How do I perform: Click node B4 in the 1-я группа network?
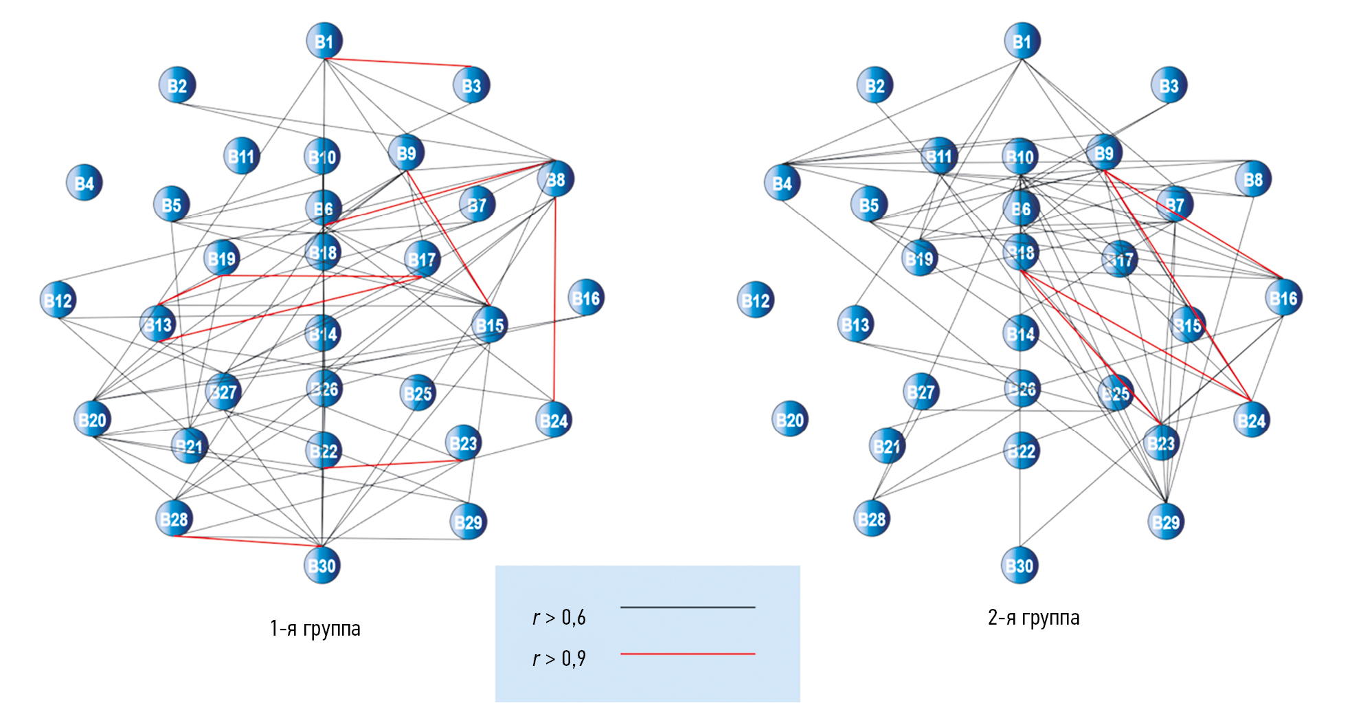pos(84,183)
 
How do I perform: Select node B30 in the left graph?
pos(322,565)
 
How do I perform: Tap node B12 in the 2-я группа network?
pos(756,300)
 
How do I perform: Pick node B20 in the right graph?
pos(790,419)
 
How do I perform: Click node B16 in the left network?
pos(586,298)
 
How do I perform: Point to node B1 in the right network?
pos(1022,41)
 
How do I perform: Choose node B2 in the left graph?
pos(177,85)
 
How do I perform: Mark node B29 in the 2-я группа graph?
pos(1166,522)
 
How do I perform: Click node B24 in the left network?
pos(554,420)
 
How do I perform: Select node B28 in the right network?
pos(872,519)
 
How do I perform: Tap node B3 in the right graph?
pos(1169,85)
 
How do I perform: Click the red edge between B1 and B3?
pos(398,63)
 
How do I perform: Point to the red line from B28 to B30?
pos(247,542)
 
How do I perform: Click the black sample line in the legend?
pos(687,607)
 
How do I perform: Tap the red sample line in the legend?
pos(687,654)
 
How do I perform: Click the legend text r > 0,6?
pos(559,618)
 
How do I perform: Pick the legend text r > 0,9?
pos(559,658)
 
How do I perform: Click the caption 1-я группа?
pos(315,628)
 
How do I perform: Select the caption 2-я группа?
pos(1033,618)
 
